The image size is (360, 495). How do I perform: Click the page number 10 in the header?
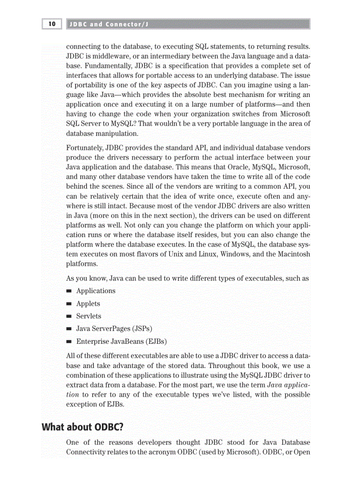pyautogui.click(x=52, y=24)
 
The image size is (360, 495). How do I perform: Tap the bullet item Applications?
pyautogui.click(x=96, y=291)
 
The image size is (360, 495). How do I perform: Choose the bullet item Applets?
pyautogui.click(x=88, y=304)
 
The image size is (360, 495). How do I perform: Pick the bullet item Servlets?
pyautogui.click(x=89, y=316)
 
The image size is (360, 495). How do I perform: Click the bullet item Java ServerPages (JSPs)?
pyautogui.click(x=114, y=329)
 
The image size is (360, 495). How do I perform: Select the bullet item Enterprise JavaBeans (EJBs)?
pyautogui.click(x=121, y=342)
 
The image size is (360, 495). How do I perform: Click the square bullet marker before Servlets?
pyautogui.click(x=69, y=316)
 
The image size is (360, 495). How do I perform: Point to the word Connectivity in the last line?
pyautogui.click(x=87, y=452)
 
